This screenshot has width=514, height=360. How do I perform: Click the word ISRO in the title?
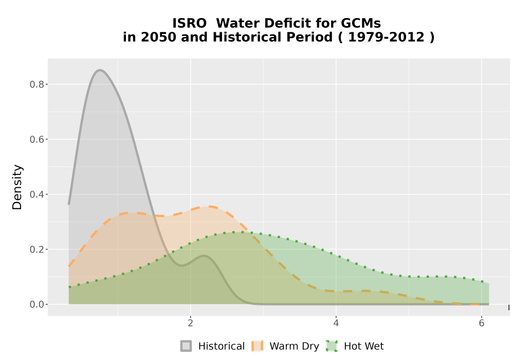190,23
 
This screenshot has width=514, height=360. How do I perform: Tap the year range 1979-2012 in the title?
386,37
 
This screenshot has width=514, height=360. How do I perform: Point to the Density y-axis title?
17,187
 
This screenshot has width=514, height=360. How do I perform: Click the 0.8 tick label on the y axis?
36,84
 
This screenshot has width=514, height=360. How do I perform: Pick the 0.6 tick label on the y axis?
36,139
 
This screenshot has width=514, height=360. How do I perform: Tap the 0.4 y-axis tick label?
36,194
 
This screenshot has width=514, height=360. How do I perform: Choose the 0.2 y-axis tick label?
36,249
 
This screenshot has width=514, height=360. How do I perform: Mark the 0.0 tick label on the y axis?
36,304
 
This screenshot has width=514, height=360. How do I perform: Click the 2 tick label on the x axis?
191,323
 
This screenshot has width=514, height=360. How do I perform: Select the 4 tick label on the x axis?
336,323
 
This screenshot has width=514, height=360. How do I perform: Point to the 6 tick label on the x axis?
482,323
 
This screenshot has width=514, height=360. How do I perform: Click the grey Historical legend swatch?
186,346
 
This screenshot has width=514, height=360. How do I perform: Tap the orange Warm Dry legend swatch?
258,346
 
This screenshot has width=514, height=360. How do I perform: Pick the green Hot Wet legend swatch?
332,346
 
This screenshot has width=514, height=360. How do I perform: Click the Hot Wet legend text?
364,346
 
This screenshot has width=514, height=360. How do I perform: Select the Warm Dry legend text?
295,346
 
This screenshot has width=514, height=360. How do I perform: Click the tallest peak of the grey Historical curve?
100,70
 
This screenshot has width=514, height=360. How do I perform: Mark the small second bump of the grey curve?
204,256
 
